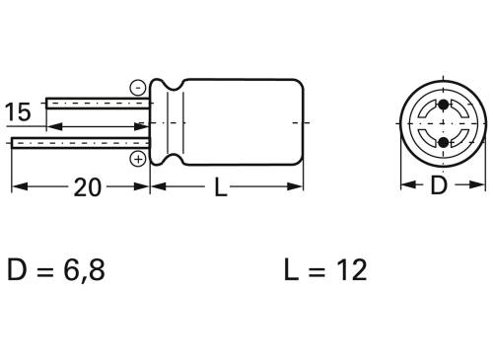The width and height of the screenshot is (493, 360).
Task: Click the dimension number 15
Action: [19, 112]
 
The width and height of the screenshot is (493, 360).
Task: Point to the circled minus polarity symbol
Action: [137, 87]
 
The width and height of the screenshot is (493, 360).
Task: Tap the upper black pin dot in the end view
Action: [443, 105]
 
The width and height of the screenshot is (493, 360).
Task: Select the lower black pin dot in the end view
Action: [443, 143]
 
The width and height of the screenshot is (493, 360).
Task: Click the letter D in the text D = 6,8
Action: [19, 270]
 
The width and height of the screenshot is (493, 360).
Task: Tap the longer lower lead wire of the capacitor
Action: [79, 143]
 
